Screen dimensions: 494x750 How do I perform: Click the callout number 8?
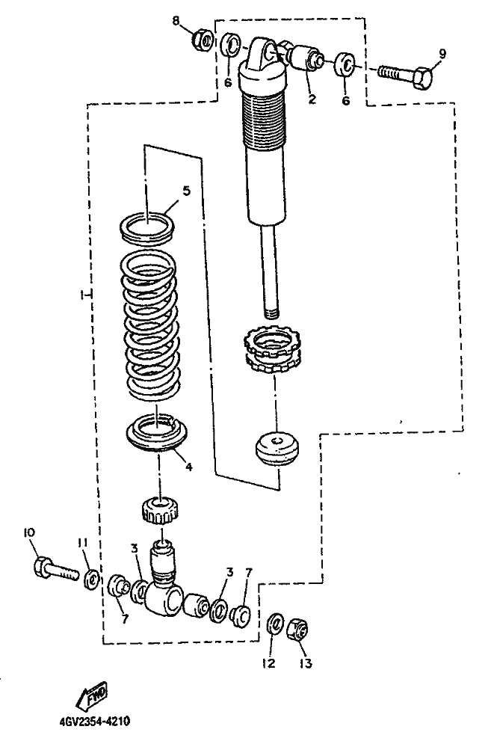pyautogui.click(x=176, y=21)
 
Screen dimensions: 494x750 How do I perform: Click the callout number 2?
pyautogui.click(x=312, y=99)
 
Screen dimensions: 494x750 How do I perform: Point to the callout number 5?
pyautogui.click(x=186, y=191)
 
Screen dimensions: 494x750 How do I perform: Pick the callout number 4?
pyautogui.click(x=188, y=467)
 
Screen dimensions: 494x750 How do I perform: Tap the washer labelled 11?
pyautogui.click(x=91, y=580)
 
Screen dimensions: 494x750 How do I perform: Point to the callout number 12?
pyautogui.click(x=269, y=663)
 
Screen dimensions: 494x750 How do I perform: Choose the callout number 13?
pyautogui.click(x=306, y=663)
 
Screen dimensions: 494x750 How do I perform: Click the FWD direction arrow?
pyautogui.click(x=91, y=695)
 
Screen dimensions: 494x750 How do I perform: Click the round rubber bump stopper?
pyautogui.click(x=276, y=449)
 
